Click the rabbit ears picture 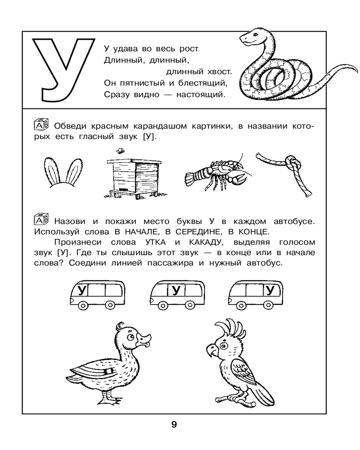(x=58, y=171)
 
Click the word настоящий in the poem (x=205, y=94)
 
